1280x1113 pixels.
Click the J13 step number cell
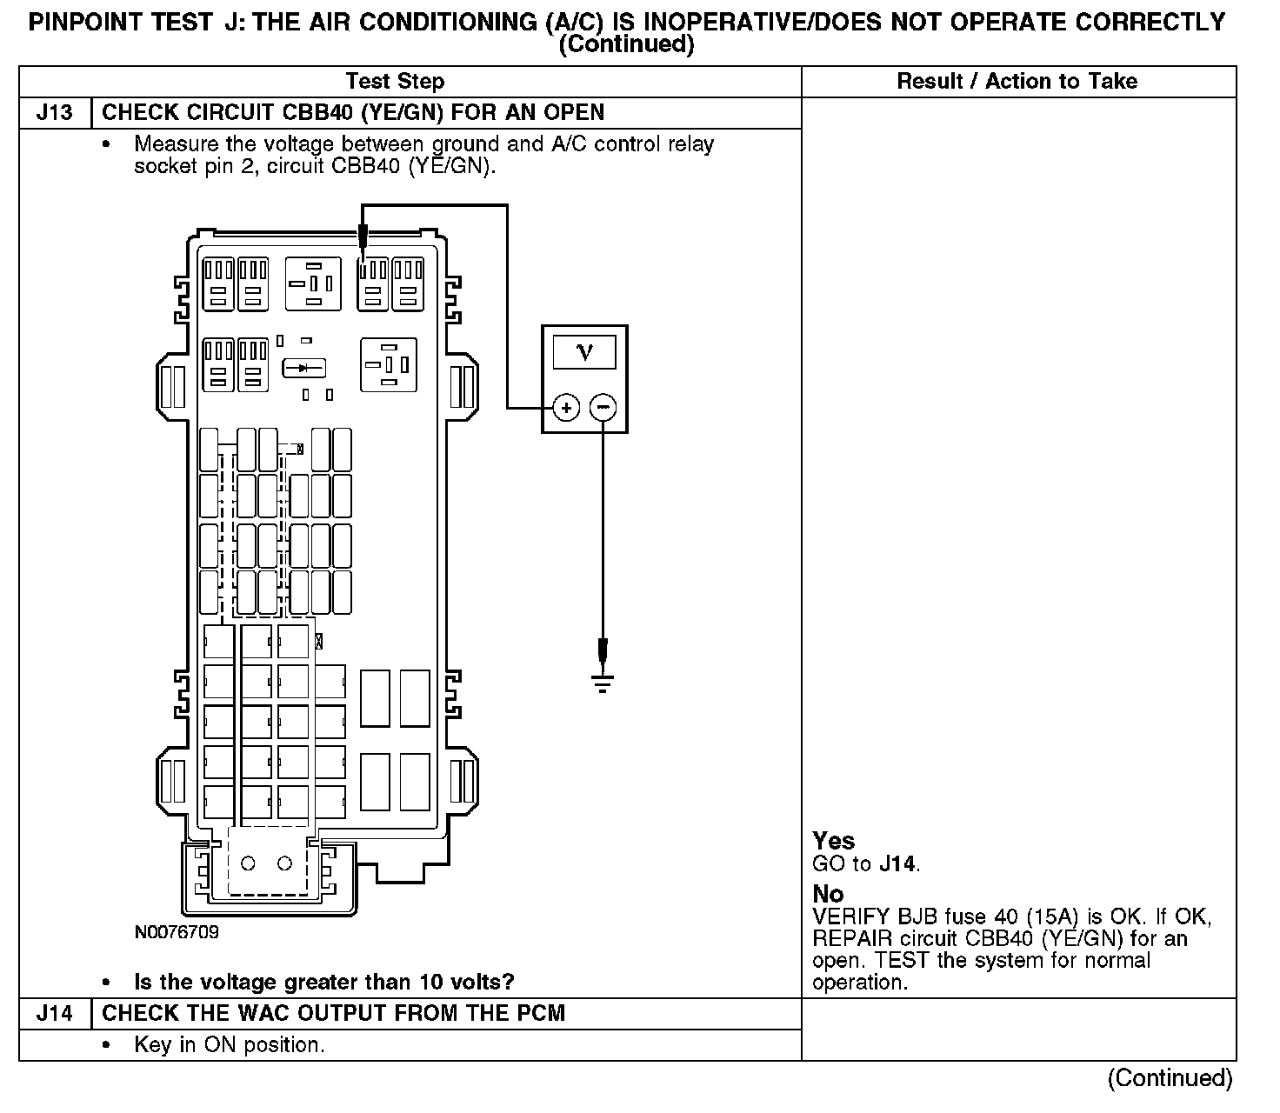pyautogui.click(x=54, y=113)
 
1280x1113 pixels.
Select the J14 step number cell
pyautogui.click(x=54, y=1014)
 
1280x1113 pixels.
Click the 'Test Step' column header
pyautogui.click(x=395, y=82)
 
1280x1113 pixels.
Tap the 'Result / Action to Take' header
pyautogui.click(x=1017, y=82)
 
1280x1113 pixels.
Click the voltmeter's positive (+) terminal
pyautogui.click(x=566, y=407)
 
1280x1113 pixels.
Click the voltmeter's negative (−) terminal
pyautogui.click(x=603, y=407)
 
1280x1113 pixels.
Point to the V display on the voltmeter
pyautogui.click(x=584, y=352)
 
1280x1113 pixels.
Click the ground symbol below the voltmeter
pyautogui.click(x=603, y=683)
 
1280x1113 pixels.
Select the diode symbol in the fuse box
pyautogui.click(x=303, y=368)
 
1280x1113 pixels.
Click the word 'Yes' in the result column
pyautogui.click(x=834, y=841)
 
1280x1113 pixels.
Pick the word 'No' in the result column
pyautogui.click(x=828, y=894)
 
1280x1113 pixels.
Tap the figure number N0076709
pyautogui.click(x=177, y=932)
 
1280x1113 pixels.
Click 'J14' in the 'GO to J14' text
pyautogui.click(x=897, y=864)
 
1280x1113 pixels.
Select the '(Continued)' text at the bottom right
pyautogui.click(x=1170, y=1078)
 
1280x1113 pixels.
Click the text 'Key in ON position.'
pyautogui.click(x=230, y=1045)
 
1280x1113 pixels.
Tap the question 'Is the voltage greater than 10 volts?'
pyautogui.click(x=324, y=983)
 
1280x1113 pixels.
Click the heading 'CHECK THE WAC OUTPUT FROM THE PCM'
pyautogui.click(x=333, y=1014)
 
